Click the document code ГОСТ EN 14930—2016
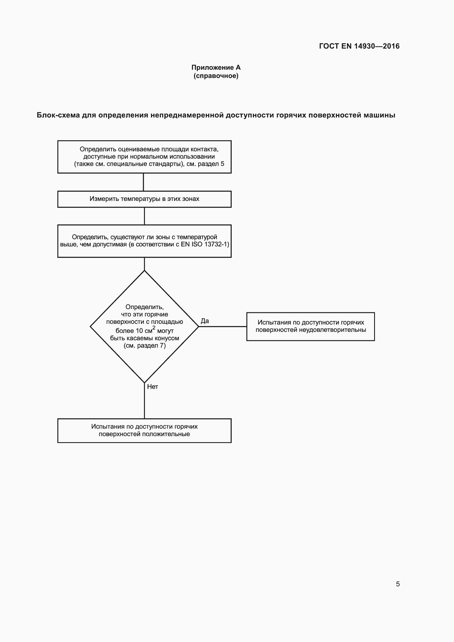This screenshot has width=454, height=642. (x=359, y=46)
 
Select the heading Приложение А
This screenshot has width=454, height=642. (x=216, y=68)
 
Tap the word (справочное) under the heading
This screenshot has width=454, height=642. (x=216, y=76)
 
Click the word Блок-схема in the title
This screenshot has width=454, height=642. (x=58, y=115)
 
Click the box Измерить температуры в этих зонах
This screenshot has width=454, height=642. (x=144, y=199)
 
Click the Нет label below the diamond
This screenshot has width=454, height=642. (x=153, y=387)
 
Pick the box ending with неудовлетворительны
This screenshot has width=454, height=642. (x=310, y=326)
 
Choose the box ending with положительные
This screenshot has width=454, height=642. (x=144, y=430)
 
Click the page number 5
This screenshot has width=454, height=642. (x=397, y=584)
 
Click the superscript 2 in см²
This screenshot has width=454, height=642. (x=154, y=328)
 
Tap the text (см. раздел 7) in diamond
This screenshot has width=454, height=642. (x=145, y=346)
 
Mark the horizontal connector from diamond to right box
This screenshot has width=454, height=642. (x=223, y=326)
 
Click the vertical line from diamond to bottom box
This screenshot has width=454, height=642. (x=144, y=403)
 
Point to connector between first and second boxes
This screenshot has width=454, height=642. (x=143, y=182)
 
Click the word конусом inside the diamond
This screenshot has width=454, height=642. (x=167, y=338)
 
